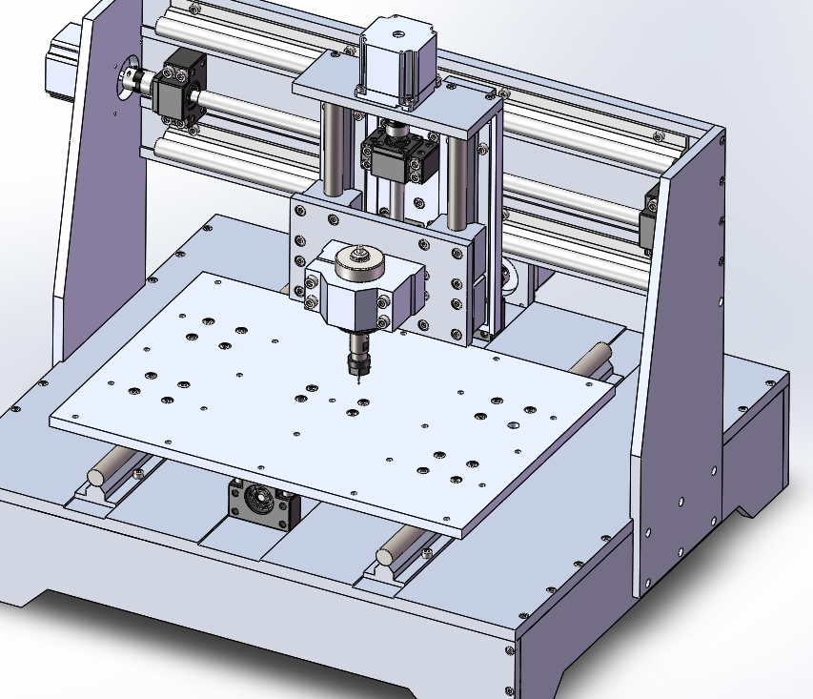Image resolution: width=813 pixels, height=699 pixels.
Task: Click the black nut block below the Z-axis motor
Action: [399, 155]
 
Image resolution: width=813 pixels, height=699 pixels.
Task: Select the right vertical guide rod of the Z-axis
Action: [458, 181]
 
